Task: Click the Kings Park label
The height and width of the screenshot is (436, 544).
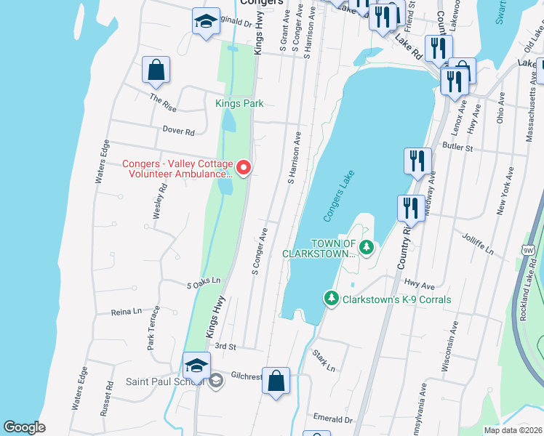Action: coord(239,104)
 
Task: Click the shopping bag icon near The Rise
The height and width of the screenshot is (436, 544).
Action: coord(156,71)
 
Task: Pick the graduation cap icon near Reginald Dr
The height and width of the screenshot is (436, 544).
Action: coord(206,22)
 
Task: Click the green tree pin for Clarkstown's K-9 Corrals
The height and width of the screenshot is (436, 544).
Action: coord(332,299)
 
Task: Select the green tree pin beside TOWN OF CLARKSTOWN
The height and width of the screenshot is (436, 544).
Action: coord(368,249)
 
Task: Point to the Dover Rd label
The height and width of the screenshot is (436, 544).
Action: coord(179,132)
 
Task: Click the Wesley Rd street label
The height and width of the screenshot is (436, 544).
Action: coord(159,201)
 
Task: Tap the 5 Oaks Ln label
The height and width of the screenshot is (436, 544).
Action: coord(203,286)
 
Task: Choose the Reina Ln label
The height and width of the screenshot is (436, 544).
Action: coord(126,311)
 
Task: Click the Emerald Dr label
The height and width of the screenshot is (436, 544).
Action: coord(333,419)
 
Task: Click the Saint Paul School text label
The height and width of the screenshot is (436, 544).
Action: coord(158,381)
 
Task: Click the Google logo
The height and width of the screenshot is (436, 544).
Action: coord(24,427)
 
